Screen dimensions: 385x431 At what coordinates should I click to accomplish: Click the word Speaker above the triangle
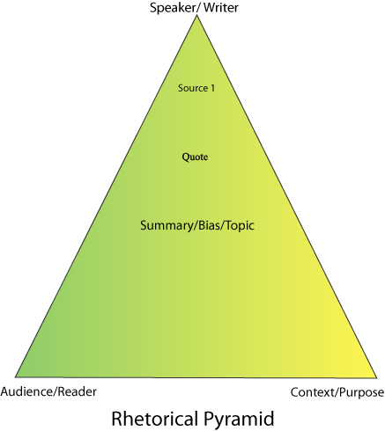172,8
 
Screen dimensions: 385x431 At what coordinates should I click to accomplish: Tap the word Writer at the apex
221,7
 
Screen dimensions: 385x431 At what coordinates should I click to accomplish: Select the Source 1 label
196,88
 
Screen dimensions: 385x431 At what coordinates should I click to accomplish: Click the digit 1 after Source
212,88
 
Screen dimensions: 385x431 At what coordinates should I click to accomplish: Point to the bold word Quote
195,157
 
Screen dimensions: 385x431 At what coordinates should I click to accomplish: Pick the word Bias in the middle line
208,225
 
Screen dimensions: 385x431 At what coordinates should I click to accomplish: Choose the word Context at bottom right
311,392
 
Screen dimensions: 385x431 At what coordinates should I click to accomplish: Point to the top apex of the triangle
197,15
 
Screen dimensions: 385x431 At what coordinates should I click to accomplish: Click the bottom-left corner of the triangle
15,376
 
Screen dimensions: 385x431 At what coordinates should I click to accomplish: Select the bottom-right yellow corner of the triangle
377,377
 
